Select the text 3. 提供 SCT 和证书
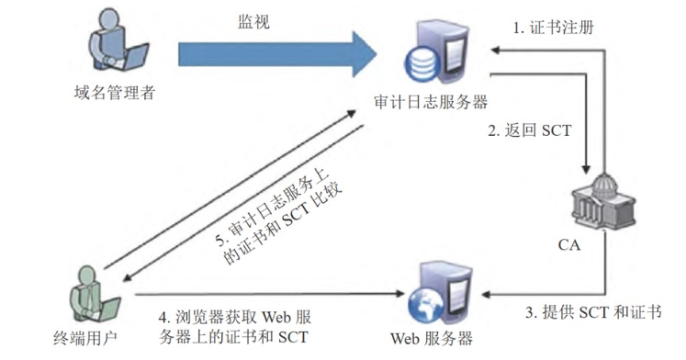click(x=592, y=312)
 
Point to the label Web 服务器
click(x=433, y=337)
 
